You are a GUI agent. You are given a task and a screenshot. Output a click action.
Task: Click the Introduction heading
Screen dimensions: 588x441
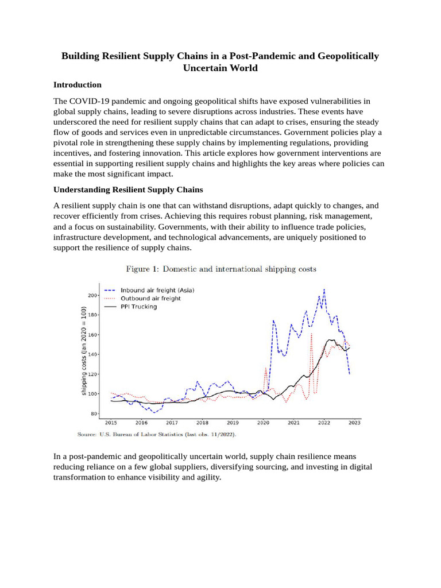pyautogui.click(x=77, y=84)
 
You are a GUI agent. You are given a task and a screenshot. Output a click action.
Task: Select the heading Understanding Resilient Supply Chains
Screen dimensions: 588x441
pyautogui.click(x=128, y=189)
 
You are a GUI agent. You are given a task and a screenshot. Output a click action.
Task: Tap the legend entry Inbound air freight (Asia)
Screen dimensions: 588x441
pyautogui.click(x=157, y=291)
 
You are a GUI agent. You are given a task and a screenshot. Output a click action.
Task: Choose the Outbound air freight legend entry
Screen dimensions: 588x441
pyautogui.click(x=150, y=299)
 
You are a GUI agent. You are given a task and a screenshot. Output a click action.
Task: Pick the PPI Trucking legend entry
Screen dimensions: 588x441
pyautogui.click(x=138, y=307)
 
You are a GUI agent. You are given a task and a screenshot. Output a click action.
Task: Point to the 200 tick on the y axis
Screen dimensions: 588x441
pyautogui.click(x=92, y=295)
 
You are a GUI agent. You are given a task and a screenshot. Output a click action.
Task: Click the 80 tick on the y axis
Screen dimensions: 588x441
pyautogui.click(x=94, y=413)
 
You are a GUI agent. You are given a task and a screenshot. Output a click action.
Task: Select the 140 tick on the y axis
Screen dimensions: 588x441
pyautogui.click(x=92, y=354)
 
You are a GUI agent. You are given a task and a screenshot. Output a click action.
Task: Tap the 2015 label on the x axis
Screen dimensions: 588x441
pyautogui.click(x=111, y=423)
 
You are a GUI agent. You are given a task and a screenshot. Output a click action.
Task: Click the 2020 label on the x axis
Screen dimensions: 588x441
pyautogui.click(x=263, y=423)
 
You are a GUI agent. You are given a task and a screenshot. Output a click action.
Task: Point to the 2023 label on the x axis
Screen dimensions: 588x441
pyautogui.click(x=354, y=423)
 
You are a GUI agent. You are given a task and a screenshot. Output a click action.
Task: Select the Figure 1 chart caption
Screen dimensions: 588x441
pyautogui.click(x=221, y=269)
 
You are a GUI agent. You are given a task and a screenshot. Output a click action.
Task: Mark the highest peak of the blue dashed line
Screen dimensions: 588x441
pyautogui.click(x=324, y=289)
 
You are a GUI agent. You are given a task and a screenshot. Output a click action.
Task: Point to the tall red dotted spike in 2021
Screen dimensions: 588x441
pyautogui.click(x=311, y=334)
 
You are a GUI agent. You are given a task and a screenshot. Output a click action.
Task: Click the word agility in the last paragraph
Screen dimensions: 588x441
pyautogui.click(x=208, y=477)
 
